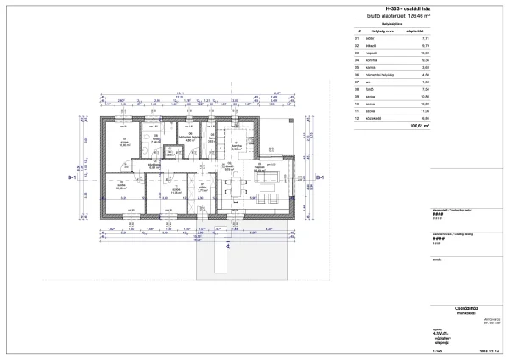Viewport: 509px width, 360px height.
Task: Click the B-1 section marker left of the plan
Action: point(73,178)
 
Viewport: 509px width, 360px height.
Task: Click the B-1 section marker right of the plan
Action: point(319,178)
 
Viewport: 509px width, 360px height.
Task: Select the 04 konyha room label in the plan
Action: point(237,145)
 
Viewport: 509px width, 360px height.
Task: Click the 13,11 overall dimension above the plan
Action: point(181,93)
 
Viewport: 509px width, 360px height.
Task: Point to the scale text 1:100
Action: point(437,351)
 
